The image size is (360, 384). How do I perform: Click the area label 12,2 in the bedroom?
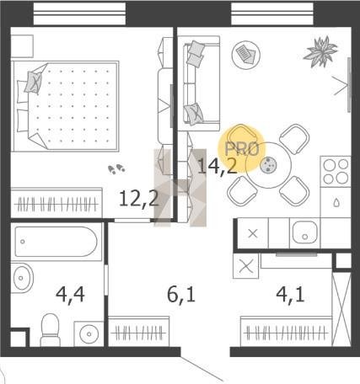point(138,199)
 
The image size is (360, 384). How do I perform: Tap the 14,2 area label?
point(218,166)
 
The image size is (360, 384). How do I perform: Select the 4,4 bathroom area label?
point(70,295)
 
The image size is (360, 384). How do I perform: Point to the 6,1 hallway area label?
point(181,295)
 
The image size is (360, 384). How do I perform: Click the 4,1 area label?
point(290,295)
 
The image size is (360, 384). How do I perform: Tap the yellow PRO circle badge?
point(242,148)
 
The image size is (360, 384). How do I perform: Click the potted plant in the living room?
point(320,51)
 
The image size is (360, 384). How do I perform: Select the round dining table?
point(268,165)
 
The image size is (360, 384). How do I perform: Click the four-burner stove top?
point(336,171)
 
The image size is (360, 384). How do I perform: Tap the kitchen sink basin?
point(304,232)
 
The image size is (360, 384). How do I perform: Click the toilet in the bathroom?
point(51,330)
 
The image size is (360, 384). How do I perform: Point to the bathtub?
point(56,242)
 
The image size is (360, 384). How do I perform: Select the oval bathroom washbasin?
point(23,278)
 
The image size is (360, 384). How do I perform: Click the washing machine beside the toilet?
point(89,333)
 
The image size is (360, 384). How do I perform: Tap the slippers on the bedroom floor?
point(116,168)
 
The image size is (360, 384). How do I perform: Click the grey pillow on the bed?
point(33,83)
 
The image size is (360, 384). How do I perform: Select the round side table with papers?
point(245,55)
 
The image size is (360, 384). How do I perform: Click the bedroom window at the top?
point(79,13)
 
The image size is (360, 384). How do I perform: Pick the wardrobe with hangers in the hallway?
point(139,332)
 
